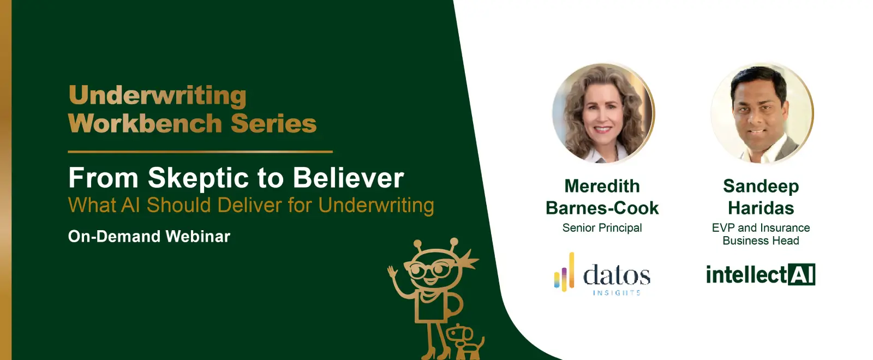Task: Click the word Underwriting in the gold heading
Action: click(158, 96)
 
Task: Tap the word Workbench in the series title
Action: click(145, 123)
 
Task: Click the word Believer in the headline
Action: click(349, 178)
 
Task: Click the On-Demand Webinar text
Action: click(150, 237)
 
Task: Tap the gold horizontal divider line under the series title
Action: click(200, 152)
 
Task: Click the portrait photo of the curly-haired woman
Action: click(603, 113)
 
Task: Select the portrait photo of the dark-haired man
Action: click(762, 113)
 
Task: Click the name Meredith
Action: click(602, 186)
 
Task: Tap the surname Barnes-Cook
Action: click(602, 208)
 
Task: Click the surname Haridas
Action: click(761, 208)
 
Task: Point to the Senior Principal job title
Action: click(602, 228)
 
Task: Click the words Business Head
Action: click(761, 241)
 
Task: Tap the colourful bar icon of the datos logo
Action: click(564, 272)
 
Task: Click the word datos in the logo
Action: click(617, 275)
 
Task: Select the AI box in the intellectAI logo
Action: click(802, 275)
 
